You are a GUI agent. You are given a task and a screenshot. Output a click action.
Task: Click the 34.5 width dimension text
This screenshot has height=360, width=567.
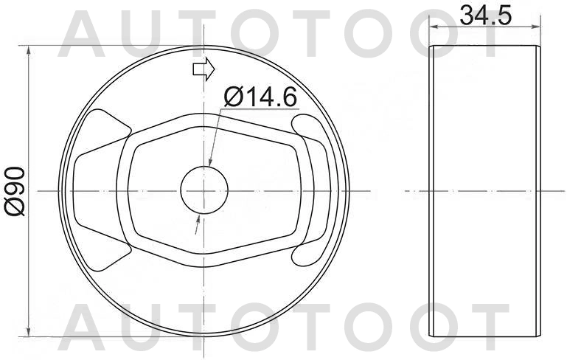(x=484, y=15)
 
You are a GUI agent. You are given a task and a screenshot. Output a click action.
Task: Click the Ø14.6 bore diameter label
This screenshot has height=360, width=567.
(x=257, y=96)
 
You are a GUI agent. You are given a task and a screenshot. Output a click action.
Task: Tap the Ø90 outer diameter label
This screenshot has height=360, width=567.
(x=16, y=191)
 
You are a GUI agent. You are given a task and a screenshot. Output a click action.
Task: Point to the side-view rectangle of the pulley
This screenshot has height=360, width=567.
(x=483, y=191)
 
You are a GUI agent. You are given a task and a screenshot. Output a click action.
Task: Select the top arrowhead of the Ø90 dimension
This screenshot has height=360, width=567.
(x=29, y=52)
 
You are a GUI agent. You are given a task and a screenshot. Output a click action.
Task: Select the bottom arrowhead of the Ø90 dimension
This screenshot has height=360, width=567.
(x=29, y=330)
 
